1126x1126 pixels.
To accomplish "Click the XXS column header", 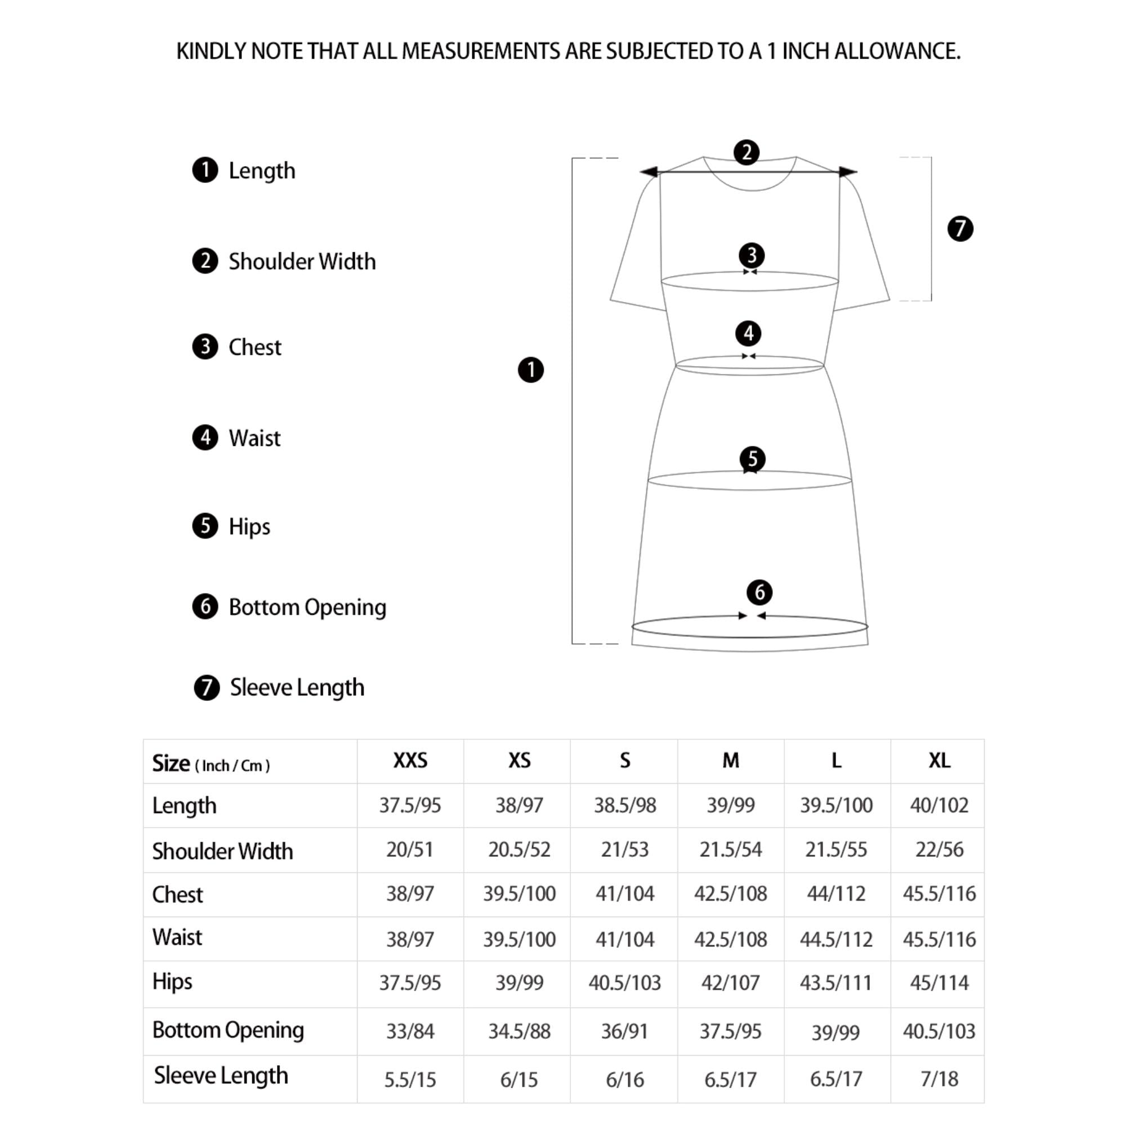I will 410,761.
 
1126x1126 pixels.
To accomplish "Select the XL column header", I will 939,761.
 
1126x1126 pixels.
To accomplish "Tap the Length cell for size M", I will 730,805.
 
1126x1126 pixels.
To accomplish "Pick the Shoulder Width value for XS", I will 519,849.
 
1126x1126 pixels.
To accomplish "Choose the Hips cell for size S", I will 624,982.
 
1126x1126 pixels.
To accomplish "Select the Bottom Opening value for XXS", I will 410,1031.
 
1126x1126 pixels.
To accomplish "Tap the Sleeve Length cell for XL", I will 939,1079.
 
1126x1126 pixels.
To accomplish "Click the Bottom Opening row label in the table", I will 228,1030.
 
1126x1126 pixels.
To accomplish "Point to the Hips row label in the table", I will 172,981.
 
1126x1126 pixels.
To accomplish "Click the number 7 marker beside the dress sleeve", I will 960,229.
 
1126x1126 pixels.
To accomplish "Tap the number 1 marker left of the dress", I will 530,370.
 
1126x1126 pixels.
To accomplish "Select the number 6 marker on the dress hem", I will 759,593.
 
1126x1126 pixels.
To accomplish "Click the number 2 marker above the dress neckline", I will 747,153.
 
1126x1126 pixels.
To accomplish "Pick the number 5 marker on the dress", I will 752,459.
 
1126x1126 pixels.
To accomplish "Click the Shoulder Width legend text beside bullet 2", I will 302,262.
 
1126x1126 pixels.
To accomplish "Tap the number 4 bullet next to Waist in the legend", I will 205,437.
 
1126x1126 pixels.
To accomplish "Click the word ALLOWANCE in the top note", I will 897,51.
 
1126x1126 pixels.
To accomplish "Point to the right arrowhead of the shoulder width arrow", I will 848,171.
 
